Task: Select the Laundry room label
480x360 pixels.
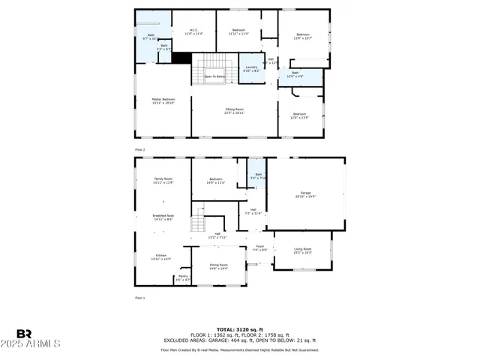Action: point(251,68)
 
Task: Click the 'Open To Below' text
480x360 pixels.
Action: point(215,76)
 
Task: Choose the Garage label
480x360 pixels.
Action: point(305,194)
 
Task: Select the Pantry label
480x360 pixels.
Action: point(183,277)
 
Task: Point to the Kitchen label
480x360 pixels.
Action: point(162,256)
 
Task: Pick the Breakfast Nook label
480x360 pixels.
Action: point(163,217)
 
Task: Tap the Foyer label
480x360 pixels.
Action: point(260,247)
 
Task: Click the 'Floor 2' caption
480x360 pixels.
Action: point(139,150)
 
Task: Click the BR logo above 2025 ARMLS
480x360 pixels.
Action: point(25,333)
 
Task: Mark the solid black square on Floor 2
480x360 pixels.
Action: point(181,57)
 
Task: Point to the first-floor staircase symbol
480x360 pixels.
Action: point(198,223)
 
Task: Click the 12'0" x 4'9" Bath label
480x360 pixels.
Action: point(295,74)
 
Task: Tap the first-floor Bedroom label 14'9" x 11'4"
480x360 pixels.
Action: point(216,180)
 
